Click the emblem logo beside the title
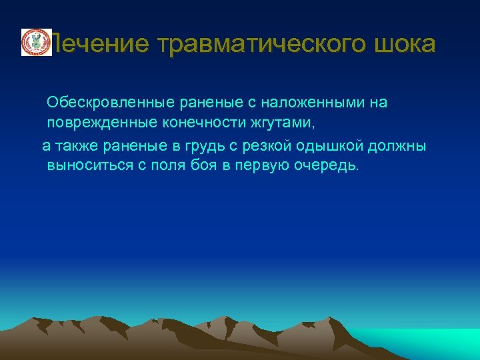[36, 43]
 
